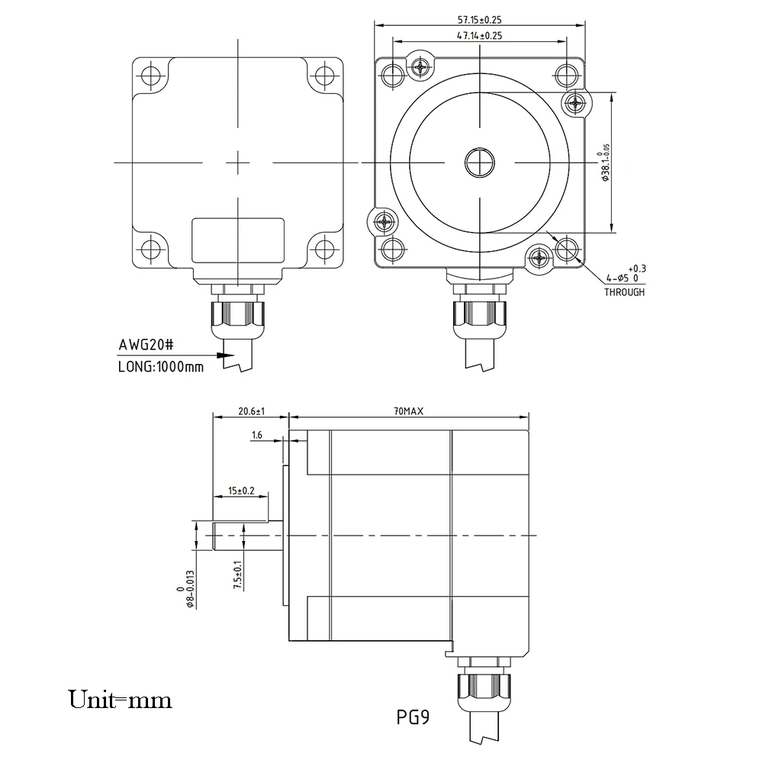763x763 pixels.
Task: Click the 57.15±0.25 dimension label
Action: point(479,20)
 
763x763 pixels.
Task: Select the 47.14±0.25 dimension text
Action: point(479,36)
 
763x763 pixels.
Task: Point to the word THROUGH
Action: point(624,292)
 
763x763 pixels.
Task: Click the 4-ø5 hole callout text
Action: point(626,274)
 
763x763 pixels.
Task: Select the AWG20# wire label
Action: point(146,345)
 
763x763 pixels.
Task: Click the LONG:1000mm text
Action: point(160,366)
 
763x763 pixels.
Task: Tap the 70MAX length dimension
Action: point(408,411)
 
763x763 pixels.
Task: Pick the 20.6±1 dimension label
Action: point(251,411)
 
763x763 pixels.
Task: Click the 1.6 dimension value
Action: point(257,435)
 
